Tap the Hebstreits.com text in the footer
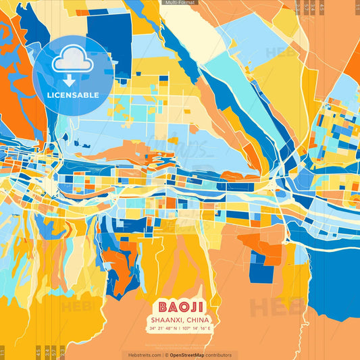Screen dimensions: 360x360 point(145,355)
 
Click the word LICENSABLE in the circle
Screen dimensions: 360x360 point(73,95)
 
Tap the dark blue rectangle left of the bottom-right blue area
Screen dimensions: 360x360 point(261,270)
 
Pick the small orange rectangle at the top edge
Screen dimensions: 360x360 point(82,12)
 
